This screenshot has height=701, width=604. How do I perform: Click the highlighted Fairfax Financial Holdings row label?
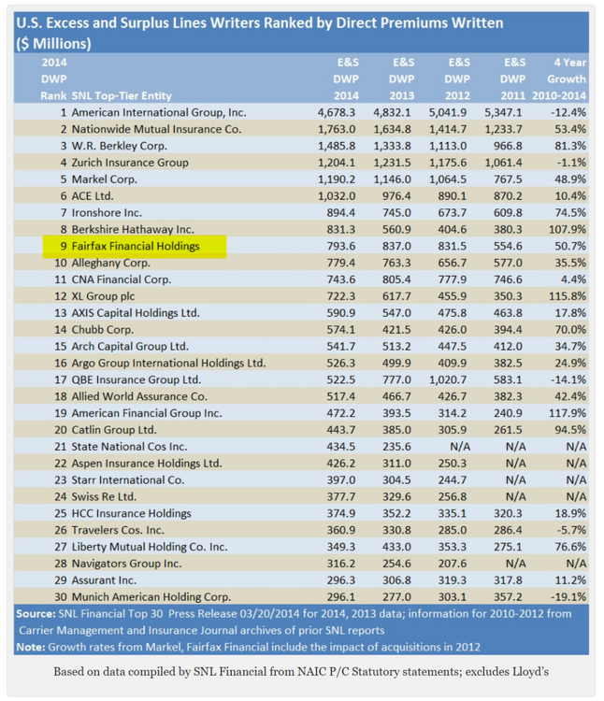point(136,247)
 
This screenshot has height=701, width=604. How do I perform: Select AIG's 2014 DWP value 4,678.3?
point(337,113)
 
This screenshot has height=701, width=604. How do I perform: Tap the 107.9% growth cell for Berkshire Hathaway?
point(568,229)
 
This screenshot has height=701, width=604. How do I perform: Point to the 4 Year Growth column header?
point(559,79)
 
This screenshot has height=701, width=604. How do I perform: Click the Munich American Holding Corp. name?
point(151,597)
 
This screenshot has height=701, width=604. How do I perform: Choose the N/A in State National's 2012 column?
point(460,447)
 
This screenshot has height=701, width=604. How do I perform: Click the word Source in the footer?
point(36,614)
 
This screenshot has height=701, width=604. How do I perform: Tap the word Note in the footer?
point(31,648)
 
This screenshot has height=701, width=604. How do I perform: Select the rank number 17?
point(61,380)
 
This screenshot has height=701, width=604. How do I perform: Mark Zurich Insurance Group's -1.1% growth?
point(571,163)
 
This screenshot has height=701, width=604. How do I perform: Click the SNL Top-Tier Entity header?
point(122,96)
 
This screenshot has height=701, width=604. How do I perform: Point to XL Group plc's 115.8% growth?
point(568,296)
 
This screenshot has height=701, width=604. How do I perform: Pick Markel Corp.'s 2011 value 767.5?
point(508,179)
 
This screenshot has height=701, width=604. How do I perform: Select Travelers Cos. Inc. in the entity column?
point(118,530)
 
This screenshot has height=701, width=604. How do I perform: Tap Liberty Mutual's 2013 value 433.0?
point(396,547)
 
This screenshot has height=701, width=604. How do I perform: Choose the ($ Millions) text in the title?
point(53,44)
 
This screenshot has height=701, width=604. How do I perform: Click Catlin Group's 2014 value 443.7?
point(341,430)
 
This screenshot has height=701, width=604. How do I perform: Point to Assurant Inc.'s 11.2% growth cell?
point(571,580)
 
